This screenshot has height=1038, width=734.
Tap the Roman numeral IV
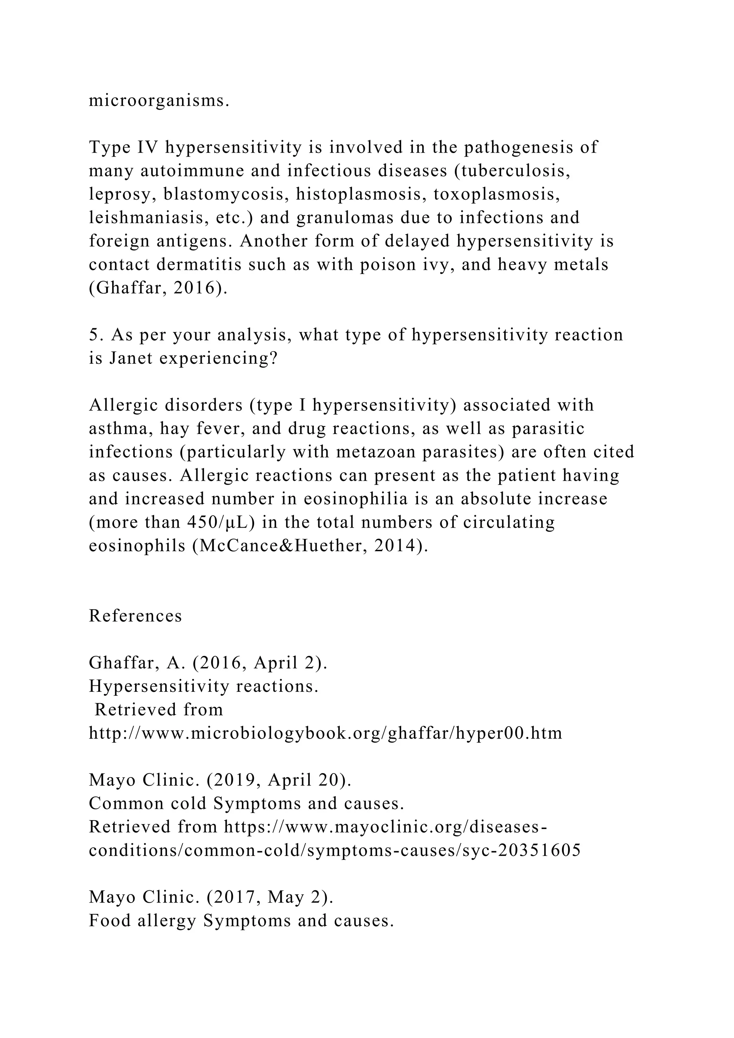coord(146,147)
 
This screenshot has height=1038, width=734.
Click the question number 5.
coord(94,335)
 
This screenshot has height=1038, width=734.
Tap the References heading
coord(135,616)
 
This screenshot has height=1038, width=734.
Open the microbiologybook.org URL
coord(325,733)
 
